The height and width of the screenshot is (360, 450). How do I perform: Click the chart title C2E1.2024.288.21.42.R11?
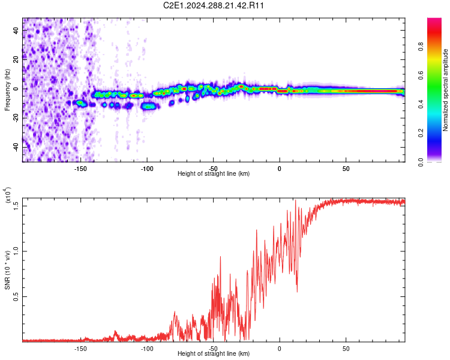tap(214, 5)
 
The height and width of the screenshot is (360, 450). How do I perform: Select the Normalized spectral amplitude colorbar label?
tap(446, 90)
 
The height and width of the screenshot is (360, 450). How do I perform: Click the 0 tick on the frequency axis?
tap(17, 89)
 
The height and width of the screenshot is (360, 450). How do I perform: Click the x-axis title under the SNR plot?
tap(214, 354)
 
